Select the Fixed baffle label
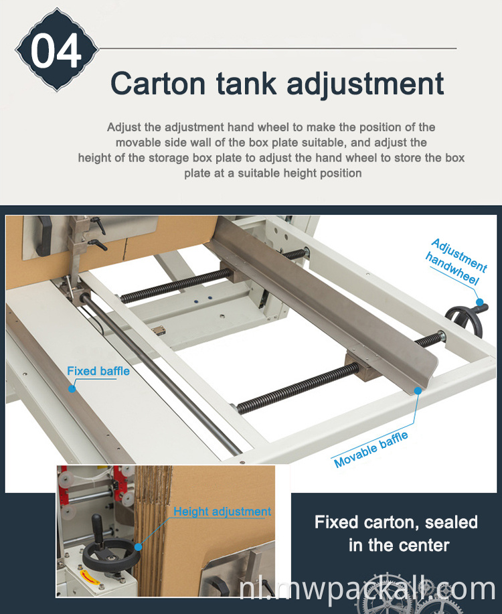[x=98, y=371]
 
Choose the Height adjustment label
[x=222, y=512]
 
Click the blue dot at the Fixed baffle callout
[x=72, y=387]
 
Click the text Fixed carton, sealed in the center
[x=396, y=533]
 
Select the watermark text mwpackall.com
[x=375, y=589]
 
